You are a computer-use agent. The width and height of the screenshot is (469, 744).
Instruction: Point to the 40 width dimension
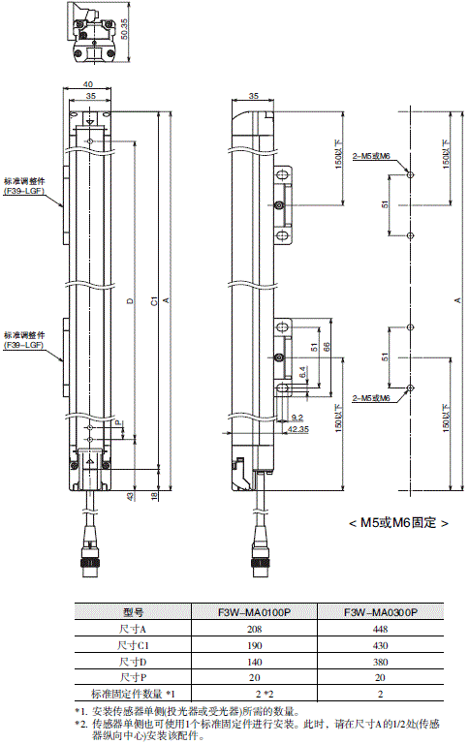(88, 85)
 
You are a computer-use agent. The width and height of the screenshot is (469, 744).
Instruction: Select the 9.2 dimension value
(296, 416)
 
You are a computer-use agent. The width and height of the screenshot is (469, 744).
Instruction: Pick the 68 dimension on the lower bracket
(327, 347)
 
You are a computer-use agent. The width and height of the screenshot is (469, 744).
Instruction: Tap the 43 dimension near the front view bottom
(130, 497)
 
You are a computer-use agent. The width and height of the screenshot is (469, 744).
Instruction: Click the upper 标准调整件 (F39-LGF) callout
(25, 187)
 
